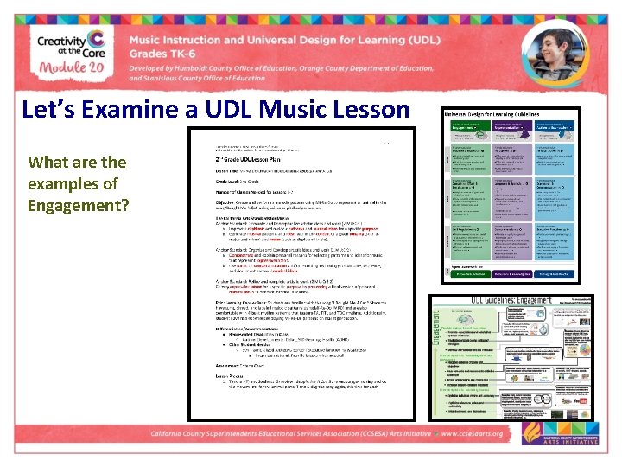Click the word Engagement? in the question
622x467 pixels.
[x=78, y=205]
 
